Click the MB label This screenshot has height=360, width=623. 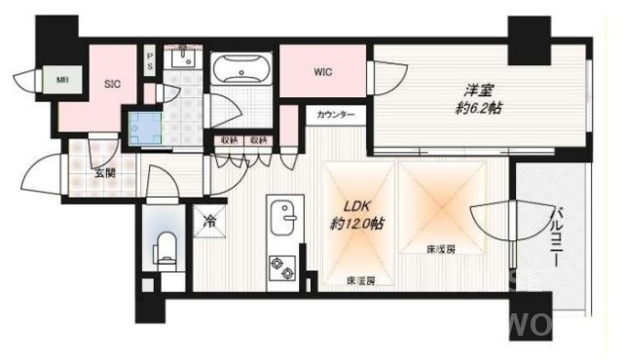coord(34,80)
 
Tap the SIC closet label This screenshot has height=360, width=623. coord(112,85)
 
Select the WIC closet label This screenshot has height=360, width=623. coord(324,71)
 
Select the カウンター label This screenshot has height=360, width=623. coord(336,116)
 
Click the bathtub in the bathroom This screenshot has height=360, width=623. coord(242,73)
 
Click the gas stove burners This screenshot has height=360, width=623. coord(281,266)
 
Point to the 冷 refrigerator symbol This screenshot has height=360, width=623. coord(209,220)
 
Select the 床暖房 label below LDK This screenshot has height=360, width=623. coord(361,281)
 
